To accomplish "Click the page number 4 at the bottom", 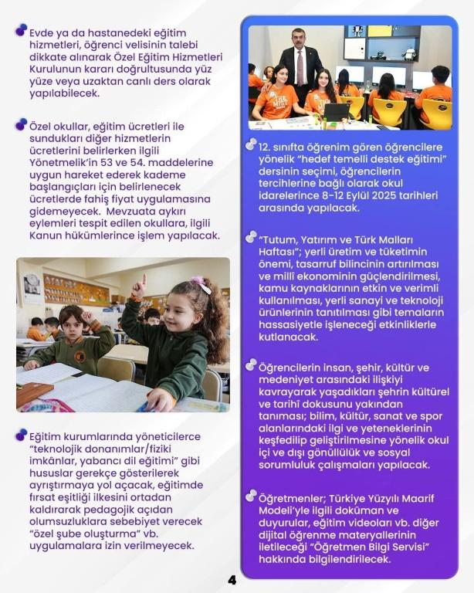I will [232, 580].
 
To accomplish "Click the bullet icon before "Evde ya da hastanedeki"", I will [21, 30].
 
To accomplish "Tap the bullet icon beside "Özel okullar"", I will [21, 123].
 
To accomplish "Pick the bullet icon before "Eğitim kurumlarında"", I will [21, 434].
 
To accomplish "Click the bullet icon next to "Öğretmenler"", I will [251, 496].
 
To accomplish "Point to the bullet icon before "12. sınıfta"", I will [251, 144].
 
